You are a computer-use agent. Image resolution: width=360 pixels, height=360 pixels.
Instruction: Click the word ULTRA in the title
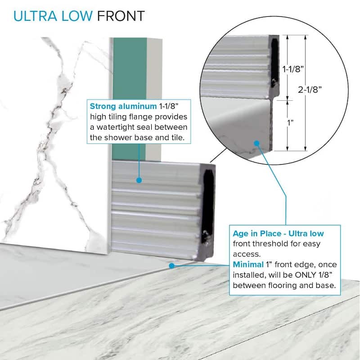[35, 16]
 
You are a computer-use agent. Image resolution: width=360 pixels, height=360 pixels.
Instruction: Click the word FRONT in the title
[121, 16]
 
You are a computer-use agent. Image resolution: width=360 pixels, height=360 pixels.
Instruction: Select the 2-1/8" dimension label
[310, 90]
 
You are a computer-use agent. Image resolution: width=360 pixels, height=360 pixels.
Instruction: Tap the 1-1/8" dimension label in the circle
[293, 69]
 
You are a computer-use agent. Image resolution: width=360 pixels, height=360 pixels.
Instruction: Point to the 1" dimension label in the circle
[290, 123]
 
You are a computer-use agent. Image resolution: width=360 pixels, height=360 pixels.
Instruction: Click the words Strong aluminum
[123, 106]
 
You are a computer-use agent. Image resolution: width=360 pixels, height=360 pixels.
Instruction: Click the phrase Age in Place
[257, 234]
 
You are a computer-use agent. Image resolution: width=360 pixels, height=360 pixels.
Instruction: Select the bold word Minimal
[248, 265]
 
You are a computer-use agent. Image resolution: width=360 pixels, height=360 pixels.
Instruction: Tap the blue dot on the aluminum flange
[139, 180]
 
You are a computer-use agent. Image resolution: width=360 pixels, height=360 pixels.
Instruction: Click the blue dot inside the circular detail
[257, 144]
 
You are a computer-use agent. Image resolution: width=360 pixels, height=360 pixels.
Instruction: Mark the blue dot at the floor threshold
[171, 265]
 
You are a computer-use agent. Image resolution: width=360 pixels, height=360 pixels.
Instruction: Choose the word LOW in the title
[76, 16]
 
